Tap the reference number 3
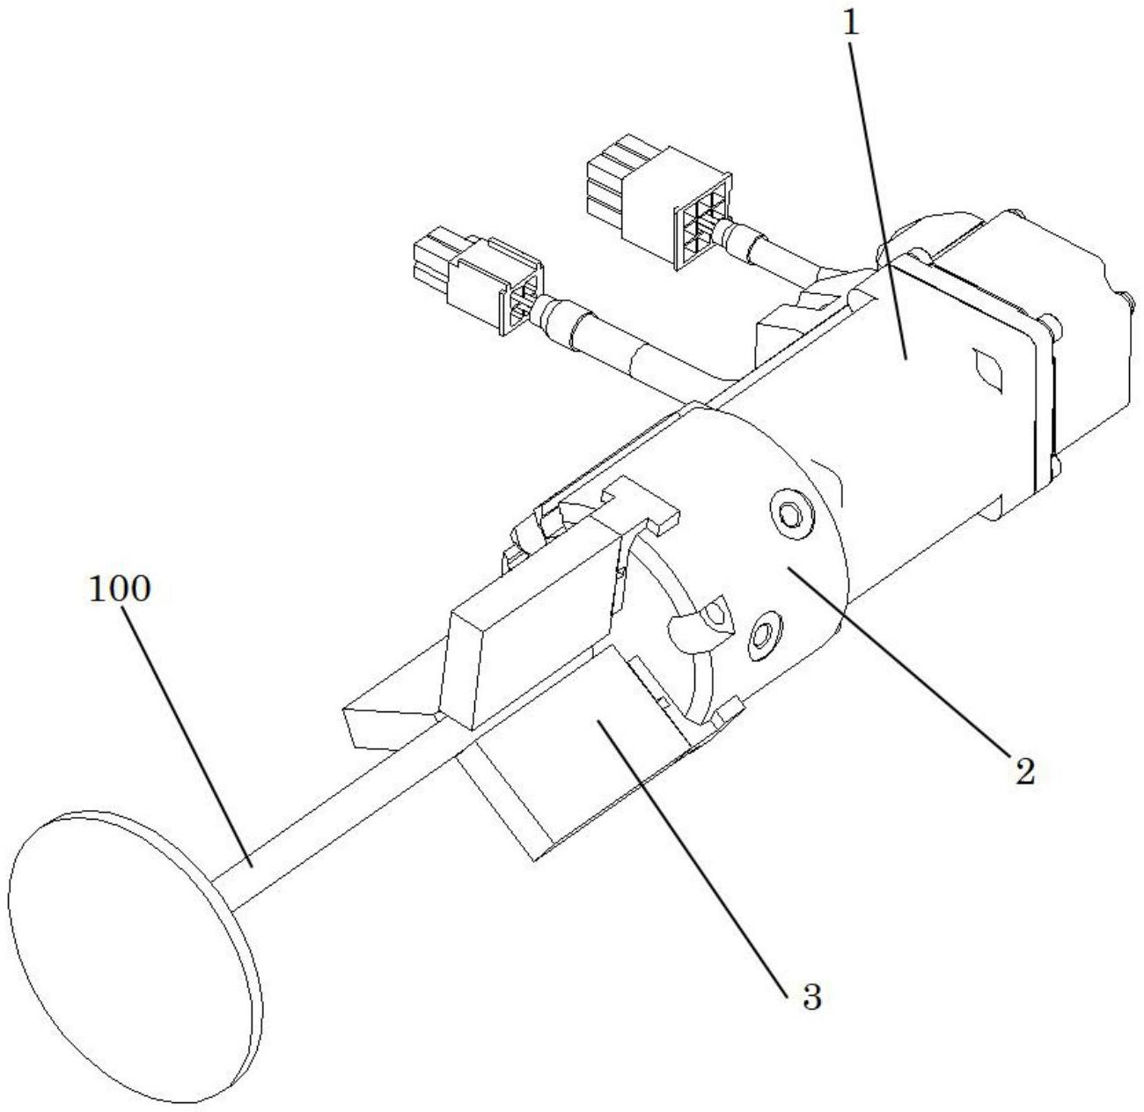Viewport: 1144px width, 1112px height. point(810,998)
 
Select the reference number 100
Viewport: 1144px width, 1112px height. point(121,589)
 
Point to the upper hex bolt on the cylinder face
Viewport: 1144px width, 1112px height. point(787,512)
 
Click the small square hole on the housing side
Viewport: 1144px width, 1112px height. point(987,371)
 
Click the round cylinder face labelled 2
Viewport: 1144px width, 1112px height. point(792,572)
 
